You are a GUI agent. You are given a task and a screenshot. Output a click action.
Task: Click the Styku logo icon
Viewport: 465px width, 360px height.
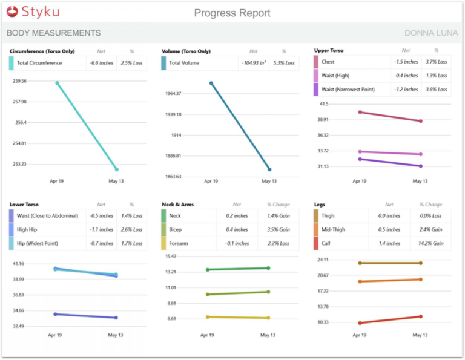13,11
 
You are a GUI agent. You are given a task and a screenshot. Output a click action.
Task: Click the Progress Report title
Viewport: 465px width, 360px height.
232,13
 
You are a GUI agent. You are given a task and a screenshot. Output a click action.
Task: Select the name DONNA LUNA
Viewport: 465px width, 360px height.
431,33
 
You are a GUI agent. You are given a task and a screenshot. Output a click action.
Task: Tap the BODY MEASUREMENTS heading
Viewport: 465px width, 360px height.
53,33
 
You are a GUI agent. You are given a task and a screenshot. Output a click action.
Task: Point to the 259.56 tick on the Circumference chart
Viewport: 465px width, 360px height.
19,81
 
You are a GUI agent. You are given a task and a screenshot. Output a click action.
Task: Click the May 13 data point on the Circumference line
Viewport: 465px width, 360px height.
116,169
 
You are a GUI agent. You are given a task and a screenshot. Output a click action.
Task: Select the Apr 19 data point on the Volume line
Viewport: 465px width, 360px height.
211,83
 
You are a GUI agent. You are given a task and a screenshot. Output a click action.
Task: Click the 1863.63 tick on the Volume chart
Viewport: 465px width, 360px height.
174,177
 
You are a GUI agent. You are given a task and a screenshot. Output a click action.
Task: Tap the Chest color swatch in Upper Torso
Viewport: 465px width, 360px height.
315,62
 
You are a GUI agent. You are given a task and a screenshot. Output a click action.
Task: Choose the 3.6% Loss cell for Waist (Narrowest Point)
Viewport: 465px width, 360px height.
435,90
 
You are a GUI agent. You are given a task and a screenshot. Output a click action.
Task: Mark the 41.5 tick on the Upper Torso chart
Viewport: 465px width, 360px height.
324,104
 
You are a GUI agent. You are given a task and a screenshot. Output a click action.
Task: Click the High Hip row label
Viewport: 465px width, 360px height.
31,230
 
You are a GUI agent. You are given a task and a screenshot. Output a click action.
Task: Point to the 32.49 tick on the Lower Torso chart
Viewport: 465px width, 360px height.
18,326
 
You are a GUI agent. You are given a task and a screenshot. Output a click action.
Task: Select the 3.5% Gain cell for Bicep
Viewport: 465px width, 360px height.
279,230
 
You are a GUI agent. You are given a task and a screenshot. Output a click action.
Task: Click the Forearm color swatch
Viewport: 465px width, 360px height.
163,243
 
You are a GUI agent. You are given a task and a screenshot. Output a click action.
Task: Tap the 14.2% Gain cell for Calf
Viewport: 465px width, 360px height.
431,243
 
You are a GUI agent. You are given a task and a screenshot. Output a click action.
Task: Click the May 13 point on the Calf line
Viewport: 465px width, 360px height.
420,316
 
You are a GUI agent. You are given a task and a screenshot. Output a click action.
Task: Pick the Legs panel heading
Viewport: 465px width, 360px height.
320,205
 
